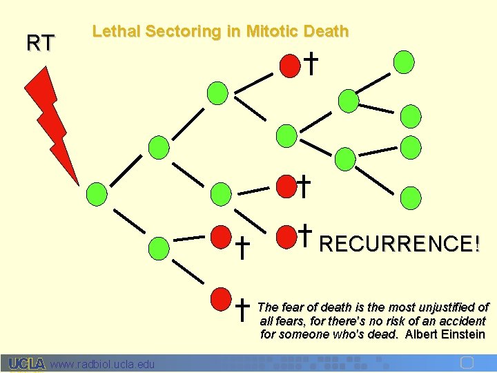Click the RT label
click(x=40, y=44)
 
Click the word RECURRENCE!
click(x=400, y=244)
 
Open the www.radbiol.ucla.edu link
click(x=103, y=363)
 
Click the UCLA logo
click(x=27, y=363)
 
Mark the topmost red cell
click(x=290, y=64)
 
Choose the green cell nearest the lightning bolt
click(x=98, y=193)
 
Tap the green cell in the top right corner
click(x=404, y=61)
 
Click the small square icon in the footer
click(x=467, y=363)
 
